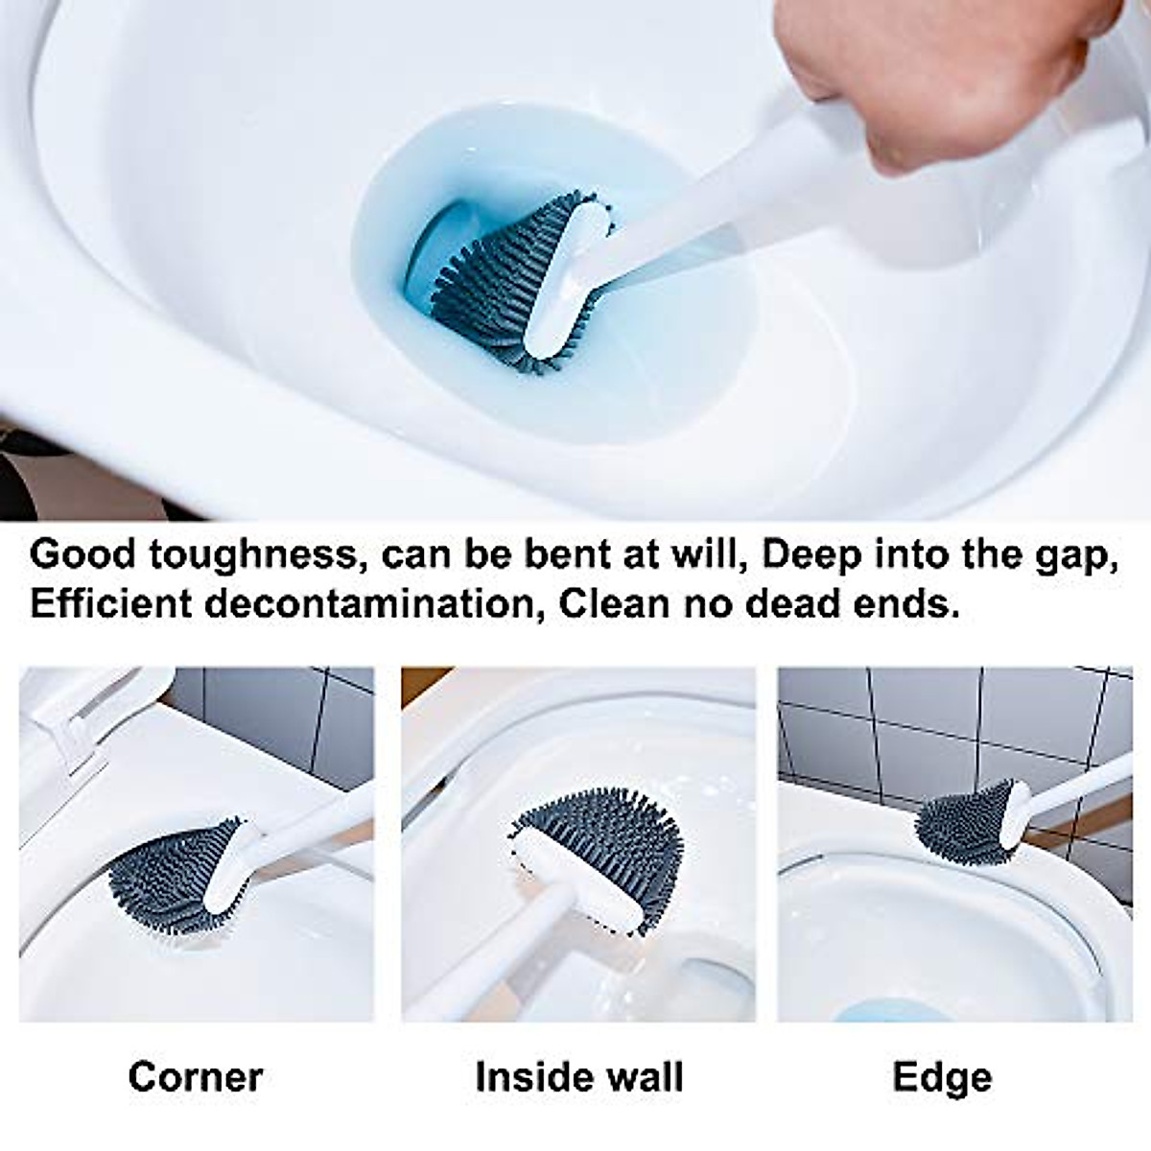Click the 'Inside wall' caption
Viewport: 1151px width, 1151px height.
click(578, 1077)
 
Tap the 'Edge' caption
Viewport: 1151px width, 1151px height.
click(942, 1077)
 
